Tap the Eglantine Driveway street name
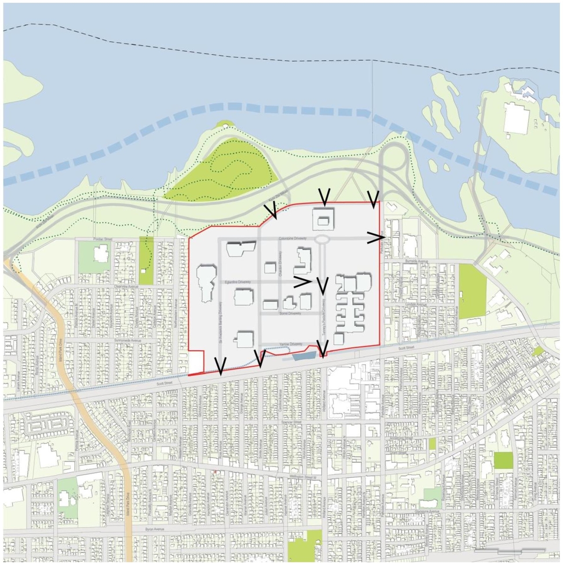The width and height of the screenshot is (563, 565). point(238,281)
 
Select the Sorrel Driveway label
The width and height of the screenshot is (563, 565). point(290,313)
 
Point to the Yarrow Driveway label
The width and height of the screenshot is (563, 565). point(290,344)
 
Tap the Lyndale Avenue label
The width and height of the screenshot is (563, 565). point(415,304)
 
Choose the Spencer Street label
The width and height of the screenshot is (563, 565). point(291,422)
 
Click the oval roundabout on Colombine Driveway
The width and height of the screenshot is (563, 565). point(322,239)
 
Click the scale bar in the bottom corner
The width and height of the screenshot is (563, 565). point(510,550)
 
